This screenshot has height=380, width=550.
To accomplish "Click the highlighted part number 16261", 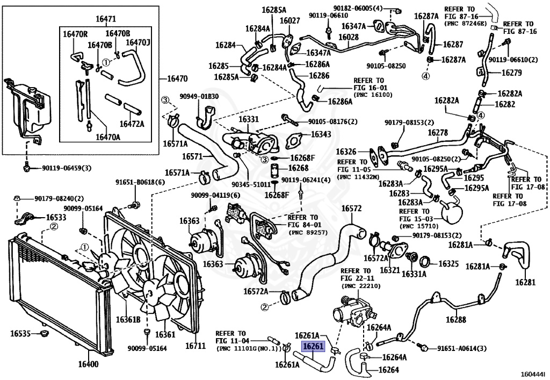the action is pos(314,347).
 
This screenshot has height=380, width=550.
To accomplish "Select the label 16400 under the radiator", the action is pos(89,364).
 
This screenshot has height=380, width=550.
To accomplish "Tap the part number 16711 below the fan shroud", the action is pos(196,346).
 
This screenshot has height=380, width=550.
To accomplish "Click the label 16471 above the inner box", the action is pos(106,19).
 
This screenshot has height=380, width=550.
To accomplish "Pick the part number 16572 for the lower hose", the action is pos(351,209).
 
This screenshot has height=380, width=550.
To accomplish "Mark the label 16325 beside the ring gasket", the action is pos(448,263).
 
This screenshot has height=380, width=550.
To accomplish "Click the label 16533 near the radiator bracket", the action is pos(56,218).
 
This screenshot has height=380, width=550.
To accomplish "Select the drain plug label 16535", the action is pos(20,333).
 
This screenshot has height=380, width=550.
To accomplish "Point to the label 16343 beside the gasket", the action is pos(321,134).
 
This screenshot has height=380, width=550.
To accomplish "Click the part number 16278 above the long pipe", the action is pos(438,133).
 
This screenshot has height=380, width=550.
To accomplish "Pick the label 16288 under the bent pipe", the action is pos(456,319).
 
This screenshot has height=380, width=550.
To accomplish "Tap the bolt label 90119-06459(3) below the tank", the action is pos(67,168).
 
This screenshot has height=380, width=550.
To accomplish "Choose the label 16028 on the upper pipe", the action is pos(348,37).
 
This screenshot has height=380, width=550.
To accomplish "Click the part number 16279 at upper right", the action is pos(512,73).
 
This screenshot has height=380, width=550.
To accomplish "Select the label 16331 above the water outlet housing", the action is pos(249,119).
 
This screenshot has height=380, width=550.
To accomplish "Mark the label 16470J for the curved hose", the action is pos(138,43).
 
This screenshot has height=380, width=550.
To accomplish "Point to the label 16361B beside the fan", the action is pos(128,319).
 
